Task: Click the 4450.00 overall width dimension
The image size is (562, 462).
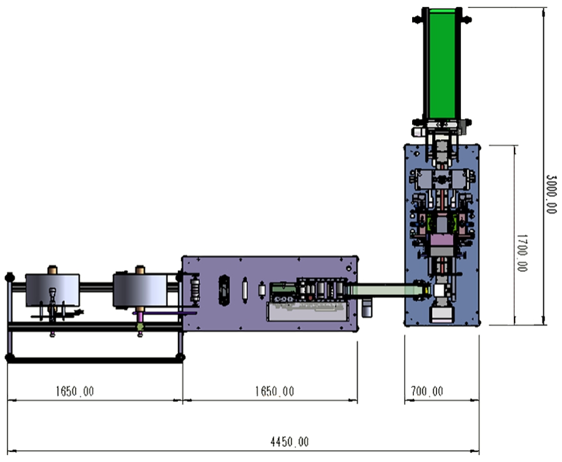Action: point(289,442)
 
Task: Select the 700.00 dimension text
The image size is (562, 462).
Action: point(427,391)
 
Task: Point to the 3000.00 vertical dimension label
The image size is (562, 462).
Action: point(551,195)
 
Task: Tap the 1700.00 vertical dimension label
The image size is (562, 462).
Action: point(522,253)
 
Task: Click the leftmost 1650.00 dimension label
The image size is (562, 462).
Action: point(74,391)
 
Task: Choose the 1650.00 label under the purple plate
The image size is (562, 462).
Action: point(275,391)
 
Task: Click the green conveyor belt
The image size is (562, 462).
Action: point(442,64)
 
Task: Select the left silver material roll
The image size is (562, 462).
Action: point(52,290)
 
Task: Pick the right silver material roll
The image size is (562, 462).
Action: point(140,290)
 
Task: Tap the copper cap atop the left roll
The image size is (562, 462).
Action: point(52,270)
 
